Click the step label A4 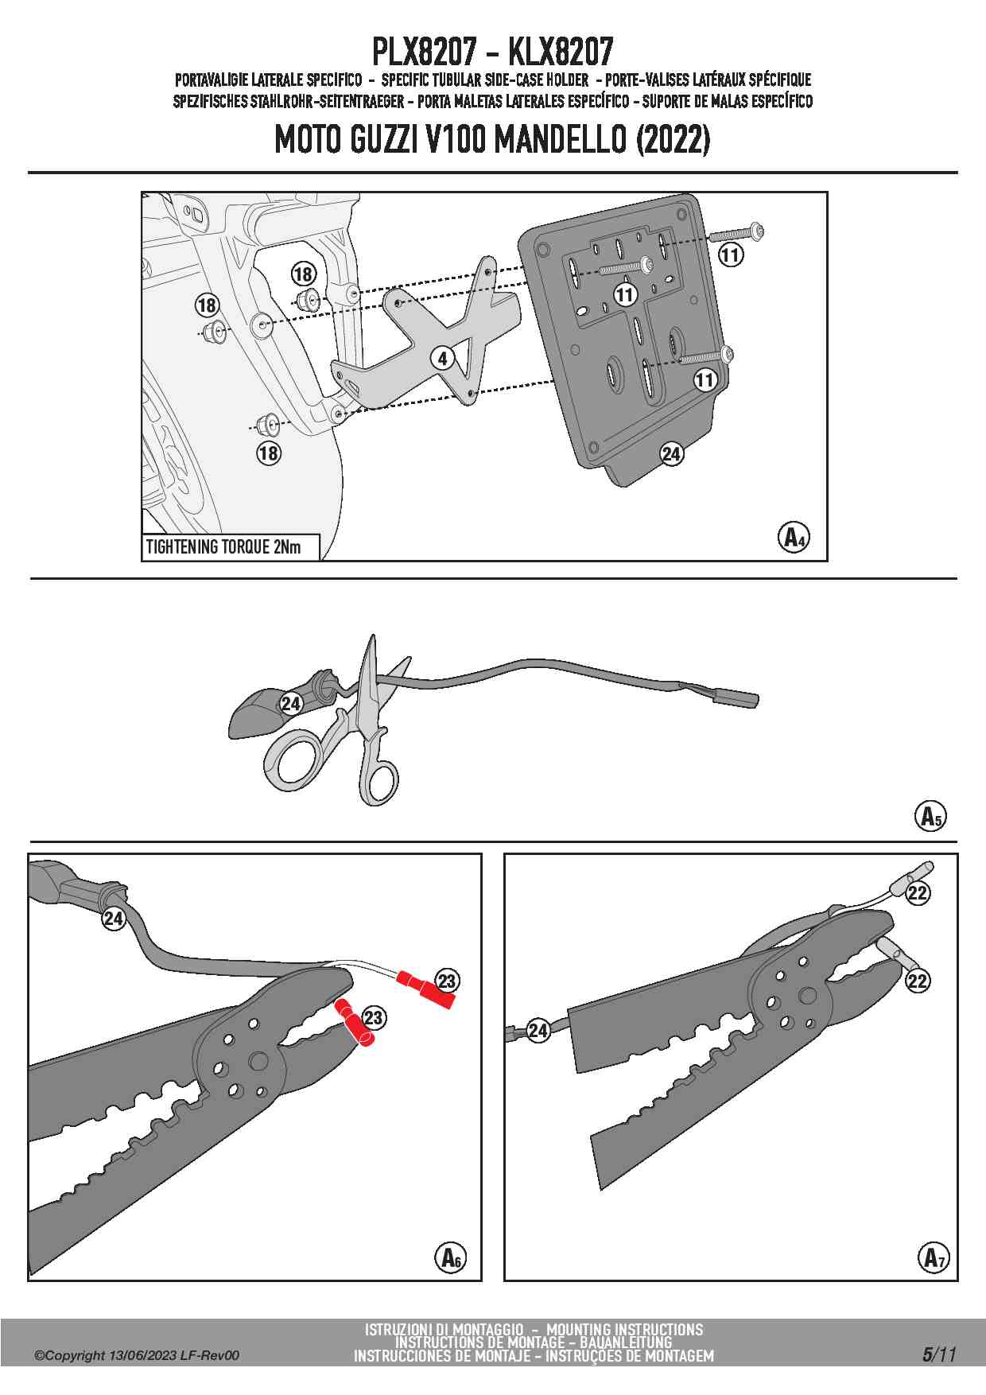click(x=793, y=538)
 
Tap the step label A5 click(x=930, y=816)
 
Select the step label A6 click(x=450, y=1257)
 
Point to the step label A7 click(x=934, y=1257)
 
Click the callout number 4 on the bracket click(x=443, y=358)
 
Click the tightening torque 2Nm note click(x=224, y=547)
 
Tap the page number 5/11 click(x=939, y=1354)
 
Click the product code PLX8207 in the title click(x=424, y=52)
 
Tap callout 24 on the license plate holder click(x=672, y=453)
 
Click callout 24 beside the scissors click(x=291, y=704)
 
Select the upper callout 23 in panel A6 click(x=447, y=981)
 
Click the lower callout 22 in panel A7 click(x=918, y=981)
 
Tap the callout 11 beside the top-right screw click(x=730, y=255)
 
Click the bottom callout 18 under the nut click(x=269, y=453)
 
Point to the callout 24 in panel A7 click(x=538, y=1031)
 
